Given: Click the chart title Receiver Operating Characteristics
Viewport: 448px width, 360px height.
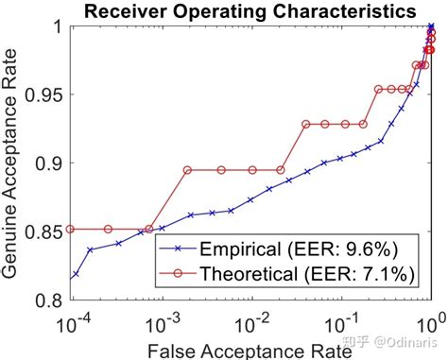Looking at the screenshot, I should (x=250, y=11).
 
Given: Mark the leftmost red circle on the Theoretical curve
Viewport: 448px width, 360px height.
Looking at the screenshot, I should (x=73, y=229).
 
